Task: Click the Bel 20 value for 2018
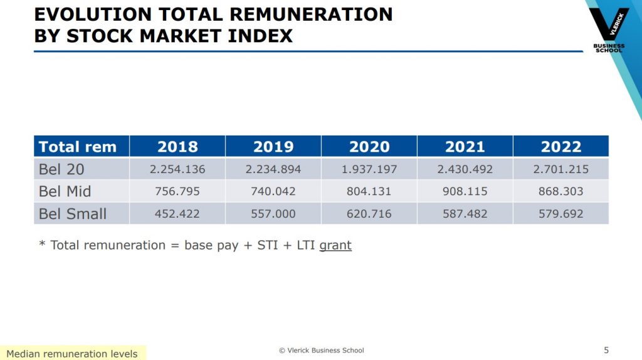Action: [x=177, y=169]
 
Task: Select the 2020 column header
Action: [x=369, y=147]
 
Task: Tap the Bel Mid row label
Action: [x=65, y=191]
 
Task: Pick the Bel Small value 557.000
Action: [x=273, y=214]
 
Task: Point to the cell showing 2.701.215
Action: [x=561, y=169]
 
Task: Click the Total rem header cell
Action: [x=78, y=147]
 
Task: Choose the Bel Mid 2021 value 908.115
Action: [x=465, y=191]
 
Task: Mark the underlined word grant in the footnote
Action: [x=335, y=245]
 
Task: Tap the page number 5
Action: [x=606, y=350]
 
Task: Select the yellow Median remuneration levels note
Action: [x=72, y=354]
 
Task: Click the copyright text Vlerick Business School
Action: [x=321, y=350]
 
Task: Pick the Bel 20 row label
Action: [x=62, y=169]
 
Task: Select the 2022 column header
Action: [x=561, y=147]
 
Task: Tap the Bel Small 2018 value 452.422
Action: [x=177, y=214]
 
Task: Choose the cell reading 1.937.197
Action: [x=369, y=169]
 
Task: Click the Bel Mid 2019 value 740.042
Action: [x=273, y=191]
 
